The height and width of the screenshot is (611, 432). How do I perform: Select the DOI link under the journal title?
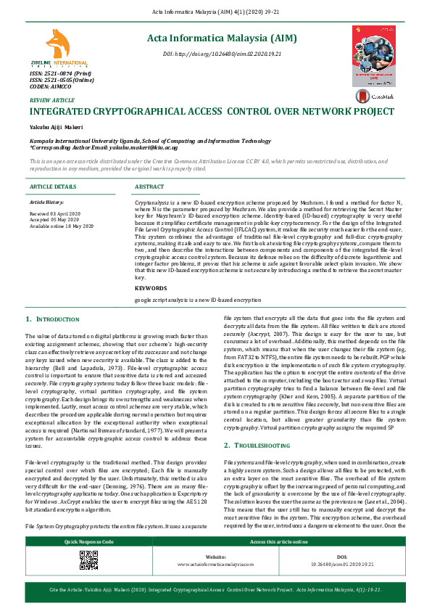pyautogui.click(x=222, y=54)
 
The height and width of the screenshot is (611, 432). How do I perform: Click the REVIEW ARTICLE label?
pyautogui.click(x=51, y=99)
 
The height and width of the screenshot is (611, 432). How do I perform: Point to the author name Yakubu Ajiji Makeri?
pyautogui.click(x=56, y=127)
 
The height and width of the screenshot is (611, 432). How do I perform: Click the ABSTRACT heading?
pyautogui.click(x=150, y=186)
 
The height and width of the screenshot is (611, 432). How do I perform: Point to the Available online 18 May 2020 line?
pyautogui.click(x=62, y=226)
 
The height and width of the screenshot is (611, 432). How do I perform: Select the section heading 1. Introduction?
pyautogui.click(x=52, y=319)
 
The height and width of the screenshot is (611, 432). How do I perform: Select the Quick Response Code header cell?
pyautogui.click(x=88, y=542)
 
